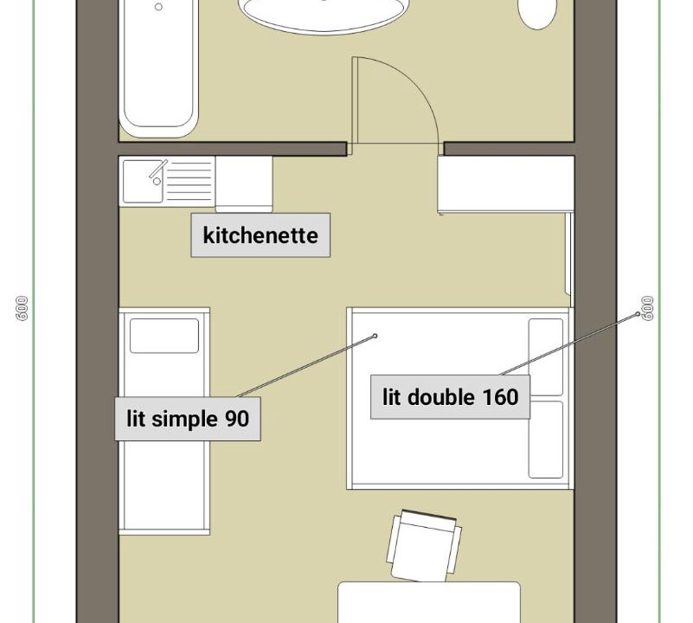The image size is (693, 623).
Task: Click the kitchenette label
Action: pyautogui.click(x=260, y=235)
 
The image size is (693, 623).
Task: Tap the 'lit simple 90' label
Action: pyautogui.click(x=188, y=419)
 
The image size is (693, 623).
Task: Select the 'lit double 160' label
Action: pyautogui.click(x=451, y=396)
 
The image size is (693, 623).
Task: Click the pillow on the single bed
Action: pyautogui.click(x=164, y=336)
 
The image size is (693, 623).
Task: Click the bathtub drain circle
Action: pyautogui.click(x=158, y=7)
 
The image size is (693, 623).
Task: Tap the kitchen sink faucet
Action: pyautogui.click(x=157, y=170)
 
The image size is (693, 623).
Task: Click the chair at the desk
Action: pyautogui.click(x=424, y=546)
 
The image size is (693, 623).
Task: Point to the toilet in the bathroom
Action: pyautogui.click(x=537, y=14)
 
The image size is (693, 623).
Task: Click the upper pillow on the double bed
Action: pyautogui.click(x=546, y=357)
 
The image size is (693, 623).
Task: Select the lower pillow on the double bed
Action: pyautogui.click(x=546, y=440)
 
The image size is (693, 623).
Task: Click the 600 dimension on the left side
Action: pyautogui.click(x=22, y=308)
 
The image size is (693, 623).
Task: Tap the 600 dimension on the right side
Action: pyautogui.click(x=647, y=308)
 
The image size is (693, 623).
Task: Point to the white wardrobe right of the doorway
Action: pyautogui.click(x=506, y=184)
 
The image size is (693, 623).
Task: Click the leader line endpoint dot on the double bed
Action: pyautogui.click(x=375, y=336)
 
